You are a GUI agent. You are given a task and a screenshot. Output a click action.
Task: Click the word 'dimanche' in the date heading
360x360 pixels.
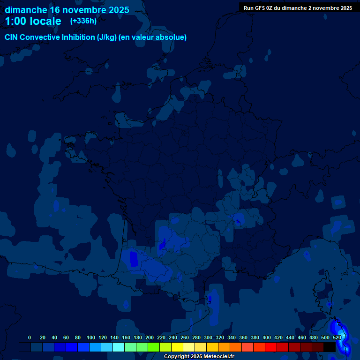tap(25, 10)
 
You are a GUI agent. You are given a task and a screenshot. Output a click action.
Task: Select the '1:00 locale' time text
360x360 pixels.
tap(33, 21)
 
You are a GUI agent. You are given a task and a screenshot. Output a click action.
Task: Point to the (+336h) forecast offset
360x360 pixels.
tap(83, 21)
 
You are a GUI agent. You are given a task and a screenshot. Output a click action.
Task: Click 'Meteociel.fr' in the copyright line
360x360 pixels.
tap(219, 357)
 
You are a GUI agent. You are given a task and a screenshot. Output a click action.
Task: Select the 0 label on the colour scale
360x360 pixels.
tap(30, 337)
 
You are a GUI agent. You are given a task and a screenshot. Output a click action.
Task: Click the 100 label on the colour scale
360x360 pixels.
tap(91, 337)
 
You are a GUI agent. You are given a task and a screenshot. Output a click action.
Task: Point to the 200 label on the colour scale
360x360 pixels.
tap(150, 337)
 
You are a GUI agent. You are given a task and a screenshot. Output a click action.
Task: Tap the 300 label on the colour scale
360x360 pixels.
tap(208, 337)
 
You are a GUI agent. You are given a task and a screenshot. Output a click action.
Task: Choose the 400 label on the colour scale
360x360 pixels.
tap(267, 337)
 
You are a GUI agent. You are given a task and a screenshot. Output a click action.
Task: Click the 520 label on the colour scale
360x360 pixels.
tap(337, 337)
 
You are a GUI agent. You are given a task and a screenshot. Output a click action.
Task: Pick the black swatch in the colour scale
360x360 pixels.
tap(330, 347)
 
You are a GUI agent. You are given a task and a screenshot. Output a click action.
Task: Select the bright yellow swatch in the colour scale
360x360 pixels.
tap(177, 347)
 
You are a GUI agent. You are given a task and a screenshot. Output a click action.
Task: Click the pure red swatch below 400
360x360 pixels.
tap(271, 347)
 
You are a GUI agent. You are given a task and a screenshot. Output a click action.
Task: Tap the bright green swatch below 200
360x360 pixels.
tap(154, 347)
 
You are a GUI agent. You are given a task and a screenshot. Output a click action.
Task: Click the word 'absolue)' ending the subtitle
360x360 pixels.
tap(171, 37)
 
